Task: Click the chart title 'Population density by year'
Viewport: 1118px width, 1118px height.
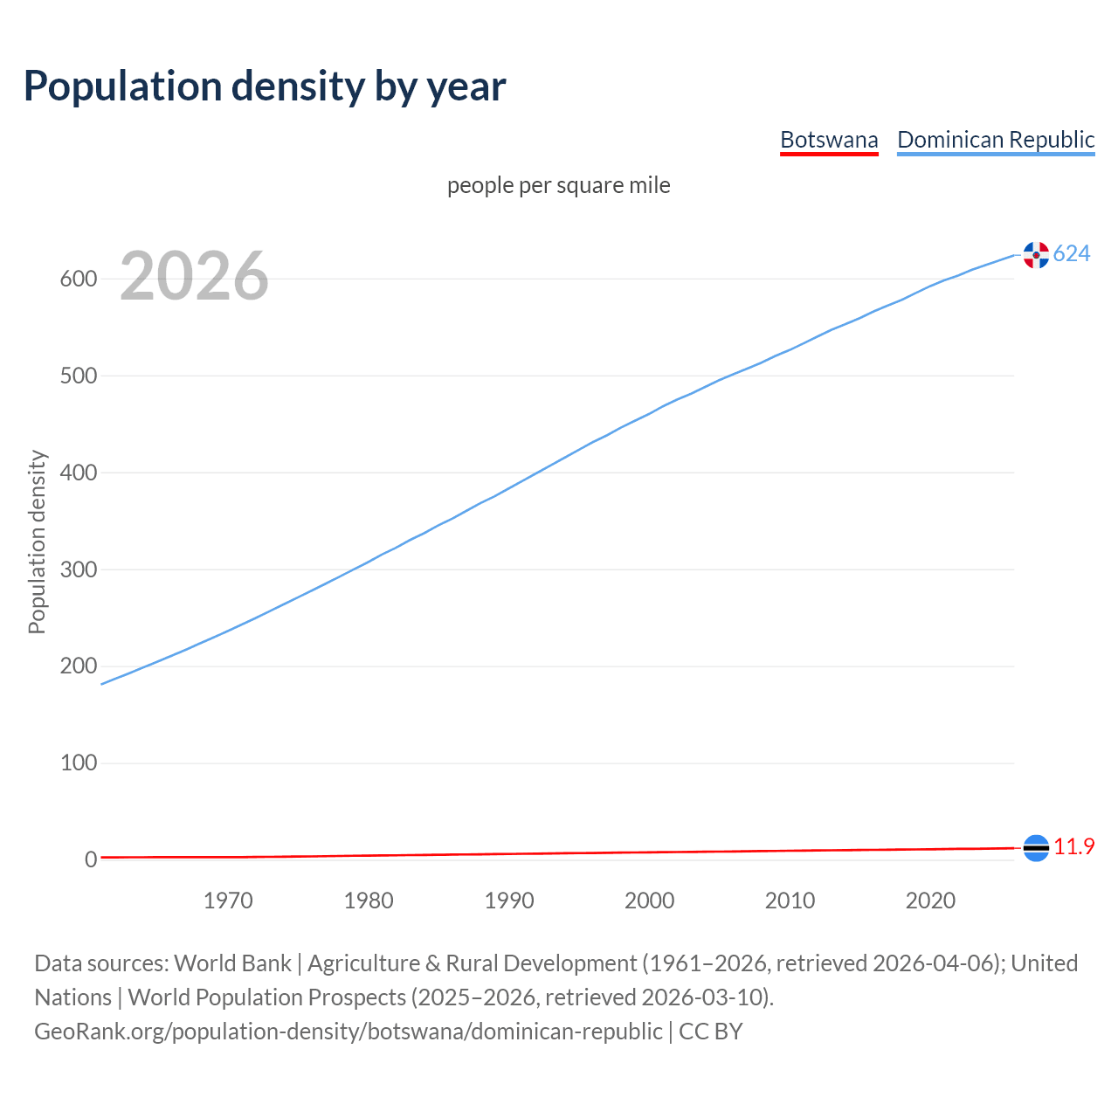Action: [x=265, y=86]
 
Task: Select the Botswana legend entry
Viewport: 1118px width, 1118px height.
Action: [x=829, y=140]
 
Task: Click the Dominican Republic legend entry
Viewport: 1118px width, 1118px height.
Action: [x=996, y=140]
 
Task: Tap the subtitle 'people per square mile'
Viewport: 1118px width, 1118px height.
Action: [x=559, y=186]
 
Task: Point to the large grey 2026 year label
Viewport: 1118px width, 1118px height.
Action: [x=194, y=276]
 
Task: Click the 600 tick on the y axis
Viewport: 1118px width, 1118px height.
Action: [x=78, y=279]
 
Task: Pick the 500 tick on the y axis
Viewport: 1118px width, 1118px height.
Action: [x=78, y=376]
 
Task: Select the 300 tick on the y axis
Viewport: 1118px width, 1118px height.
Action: [x=78, y=569]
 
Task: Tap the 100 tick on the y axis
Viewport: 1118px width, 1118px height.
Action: [x=78, y=763]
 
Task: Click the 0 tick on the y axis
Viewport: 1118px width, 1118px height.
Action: [x=91, y=860]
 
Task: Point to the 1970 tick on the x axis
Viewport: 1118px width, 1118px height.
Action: [x=228, y=901]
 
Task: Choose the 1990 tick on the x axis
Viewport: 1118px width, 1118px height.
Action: [x=509, y=901]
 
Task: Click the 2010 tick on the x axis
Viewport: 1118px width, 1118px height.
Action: [x=790, y=901]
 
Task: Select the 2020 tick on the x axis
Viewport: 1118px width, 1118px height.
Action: [x=930, y=901]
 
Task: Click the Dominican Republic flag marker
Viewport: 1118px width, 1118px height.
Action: [x=1036, y=255]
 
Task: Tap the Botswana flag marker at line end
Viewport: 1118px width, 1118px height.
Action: [x=1036, y=848]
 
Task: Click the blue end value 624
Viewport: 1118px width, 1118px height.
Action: [x=1072, y=254]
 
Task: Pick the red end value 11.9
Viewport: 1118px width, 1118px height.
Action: [x=1074, y=847]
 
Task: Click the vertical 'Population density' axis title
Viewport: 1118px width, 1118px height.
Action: [x=37, y=542]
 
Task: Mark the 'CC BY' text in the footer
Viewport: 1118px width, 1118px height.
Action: [x=711, y=1032]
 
